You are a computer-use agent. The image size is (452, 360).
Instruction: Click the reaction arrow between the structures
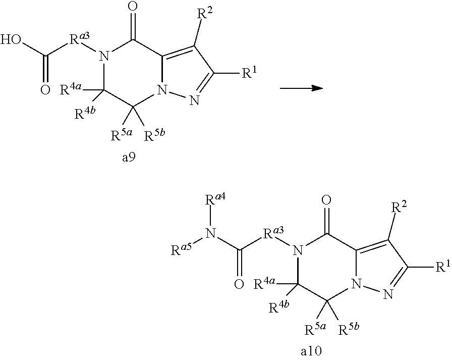pyautogui.click(x=301, y=88)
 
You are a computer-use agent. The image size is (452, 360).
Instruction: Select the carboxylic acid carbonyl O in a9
pyautogui.click(x=45, y=91)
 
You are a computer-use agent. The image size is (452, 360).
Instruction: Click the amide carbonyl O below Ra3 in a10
pyautogui.click(x=239, y=284)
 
